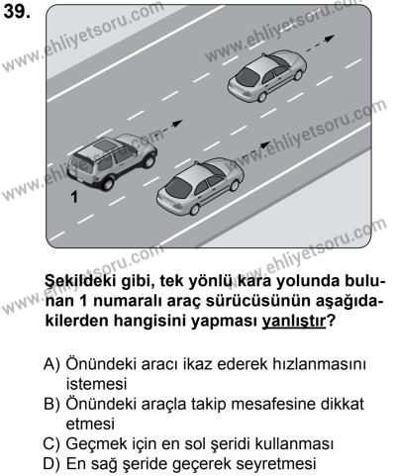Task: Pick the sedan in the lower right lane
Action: coord(199,188)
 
